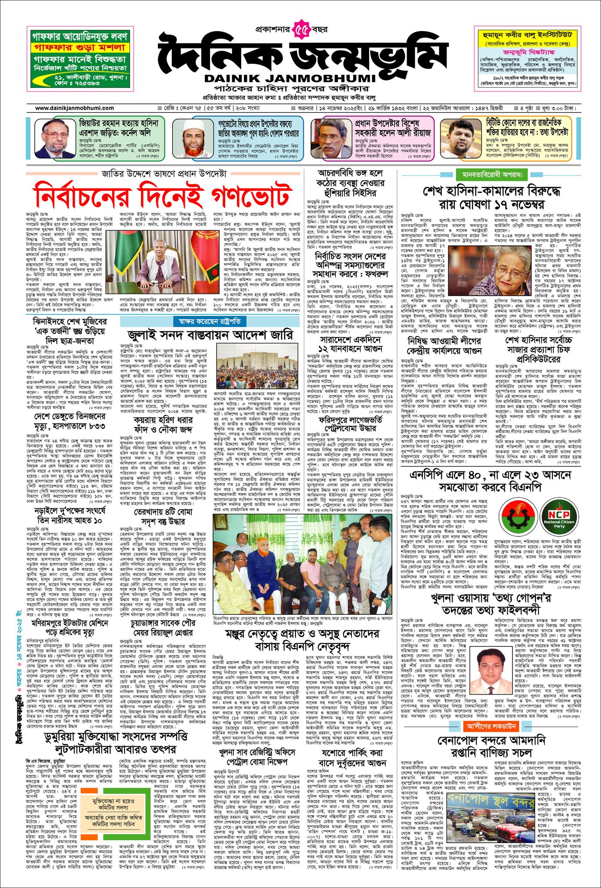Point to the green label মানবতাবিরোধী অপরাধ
[x=489, y=175]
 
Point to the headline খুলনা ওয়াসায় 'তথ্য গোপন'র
[x=489, y=598]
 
